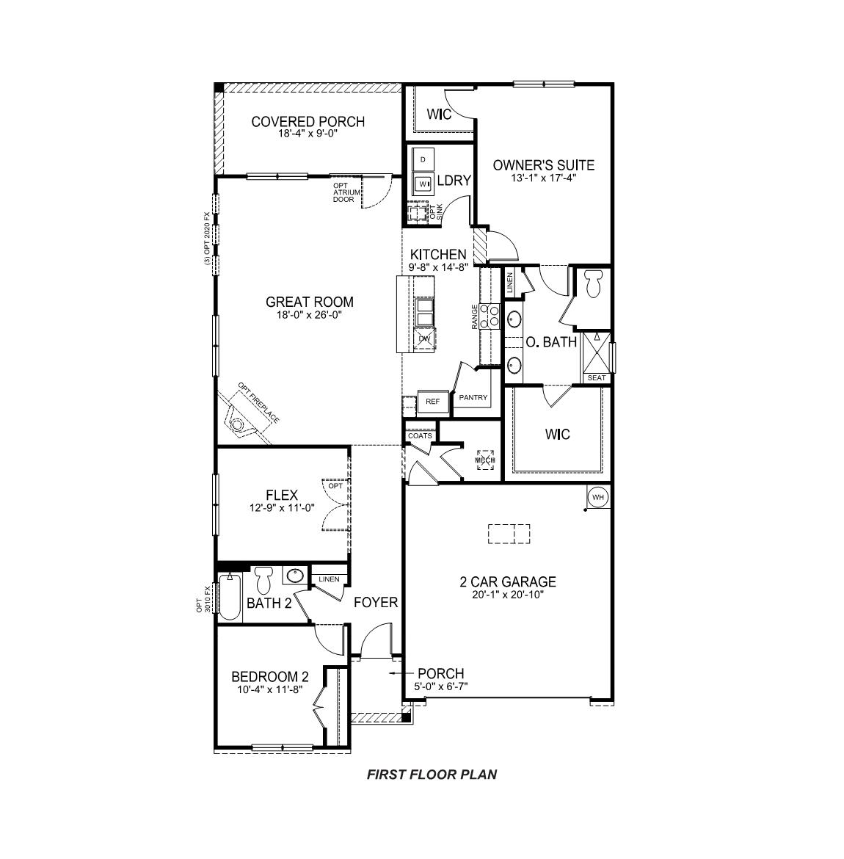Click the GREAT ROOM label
(x=309, y=302)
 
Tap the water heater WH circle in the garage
(x=598, y=498)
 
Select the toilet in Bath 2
(x=265, y=579)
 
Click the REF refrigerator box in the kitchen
(x=432, y=402)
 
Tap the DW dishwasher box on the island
(x=424, y=338)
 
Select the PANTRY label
(x=473, y=398)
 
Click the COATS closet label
(x=420, y=436)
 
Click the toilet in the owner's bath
(x=594, y=283)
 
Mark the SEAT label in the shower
(x=597, y=378)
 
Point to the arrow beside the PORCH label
(x=399, y=673)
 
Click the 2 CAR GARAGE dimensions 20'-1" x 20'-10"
(x=507, y=595)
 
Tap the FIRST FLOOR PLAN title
(x=432, y=774)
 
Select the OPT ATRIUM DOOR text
(x=345, y=192)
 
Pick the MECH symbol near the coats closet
(x=484, y=460)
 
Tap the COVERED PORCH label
(x=308, y=122)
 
